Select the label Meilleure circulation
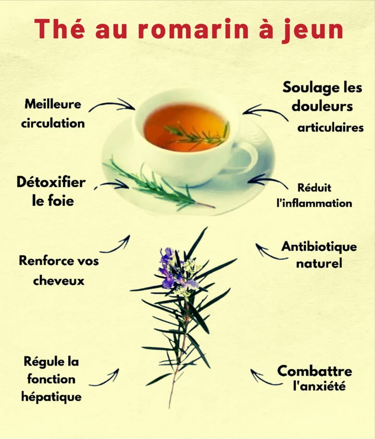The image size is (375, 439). point(54,113)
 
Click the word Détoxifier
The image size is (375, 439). point(51,183)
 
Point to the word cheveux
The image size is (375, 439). point(58,280)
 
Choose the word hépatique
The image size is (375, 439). point(51,397)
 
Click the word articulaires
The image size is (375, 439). point(330,128)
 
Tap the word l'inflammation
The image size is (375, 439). point(314,203)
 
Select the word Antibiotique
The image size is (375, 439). point(319,246)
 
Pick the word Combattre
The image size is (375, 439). point(314,371)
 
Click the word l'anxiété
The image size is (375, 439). point(319,386)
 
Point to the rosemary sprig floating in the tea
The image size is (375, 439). point(198,136)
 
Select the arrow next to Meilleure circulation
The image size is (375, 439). point(111,105)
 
